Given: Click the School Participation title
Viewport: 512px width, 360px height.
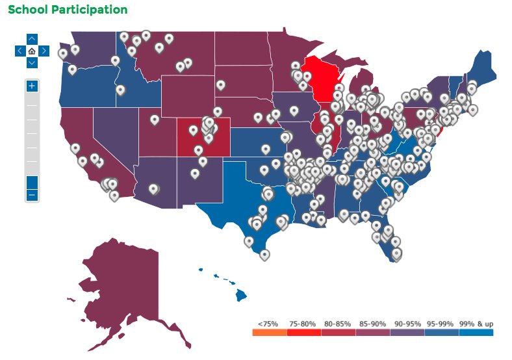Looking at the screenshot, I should coord(68,10).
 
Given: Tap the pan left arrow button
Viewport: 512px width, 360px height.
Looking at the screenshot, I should coord(19,51).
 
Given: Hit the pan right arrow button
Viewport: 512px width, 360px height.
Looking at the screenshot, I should coord(44,51).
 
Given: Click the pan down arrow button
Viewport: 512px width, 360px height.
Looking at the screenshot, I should coord(32,62).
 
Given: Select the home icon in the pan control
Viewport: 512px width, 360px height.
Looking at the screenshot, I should coord(32,51).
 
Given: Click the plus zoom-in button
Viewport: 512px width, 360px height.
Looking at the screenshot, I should coord(32,86).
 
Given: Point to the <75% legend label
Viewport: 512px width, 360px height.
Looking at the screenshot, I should coord(268,323).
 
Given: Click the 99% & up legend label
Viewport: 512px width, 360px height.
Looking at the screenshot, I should coord(476,323).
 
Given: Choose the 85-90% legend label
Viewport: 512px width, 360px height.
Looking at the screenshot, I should coord(373,323).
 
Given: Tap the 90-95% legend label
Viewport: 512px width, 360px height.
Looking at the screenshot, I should coord(407,323).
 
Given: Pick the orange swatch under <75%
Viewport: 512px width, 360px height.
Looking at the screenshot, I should coord(269,333).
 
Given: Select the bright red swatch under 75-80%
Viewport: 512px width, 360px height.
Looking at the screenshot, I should coord(303,333).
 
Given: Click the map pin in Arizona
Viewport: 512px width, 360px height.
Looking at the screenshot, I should coord(153,188).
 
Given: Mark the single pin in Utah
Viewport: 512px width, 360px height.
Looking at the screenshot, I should coord(155,119).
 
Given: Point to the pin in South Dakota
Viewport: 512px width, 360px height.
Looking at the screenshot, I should coord(221,84).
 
